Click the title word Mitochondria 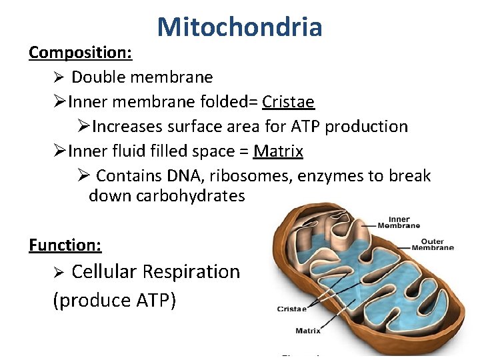click(x=240, y=27)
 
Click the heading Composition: click(x=80, y=52)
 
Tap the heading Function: click(x=65, y=245)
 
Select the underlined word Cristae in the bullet click(x=288, y=101)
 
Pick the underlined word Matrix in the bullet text click(x=278, y=151)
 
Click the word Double click(x=97, y=77)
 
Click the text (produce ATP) click(x=114, y=301)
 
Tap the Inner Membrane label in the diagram click(x=399, y=221)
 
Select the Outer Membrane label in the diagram click(x=432, y=245)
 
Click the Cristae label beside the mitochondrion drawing click(x=291, y=309)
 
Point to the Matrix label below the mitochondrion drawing click(x=307, y=331)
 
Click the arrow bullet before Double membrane click(x=59, y=77)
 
